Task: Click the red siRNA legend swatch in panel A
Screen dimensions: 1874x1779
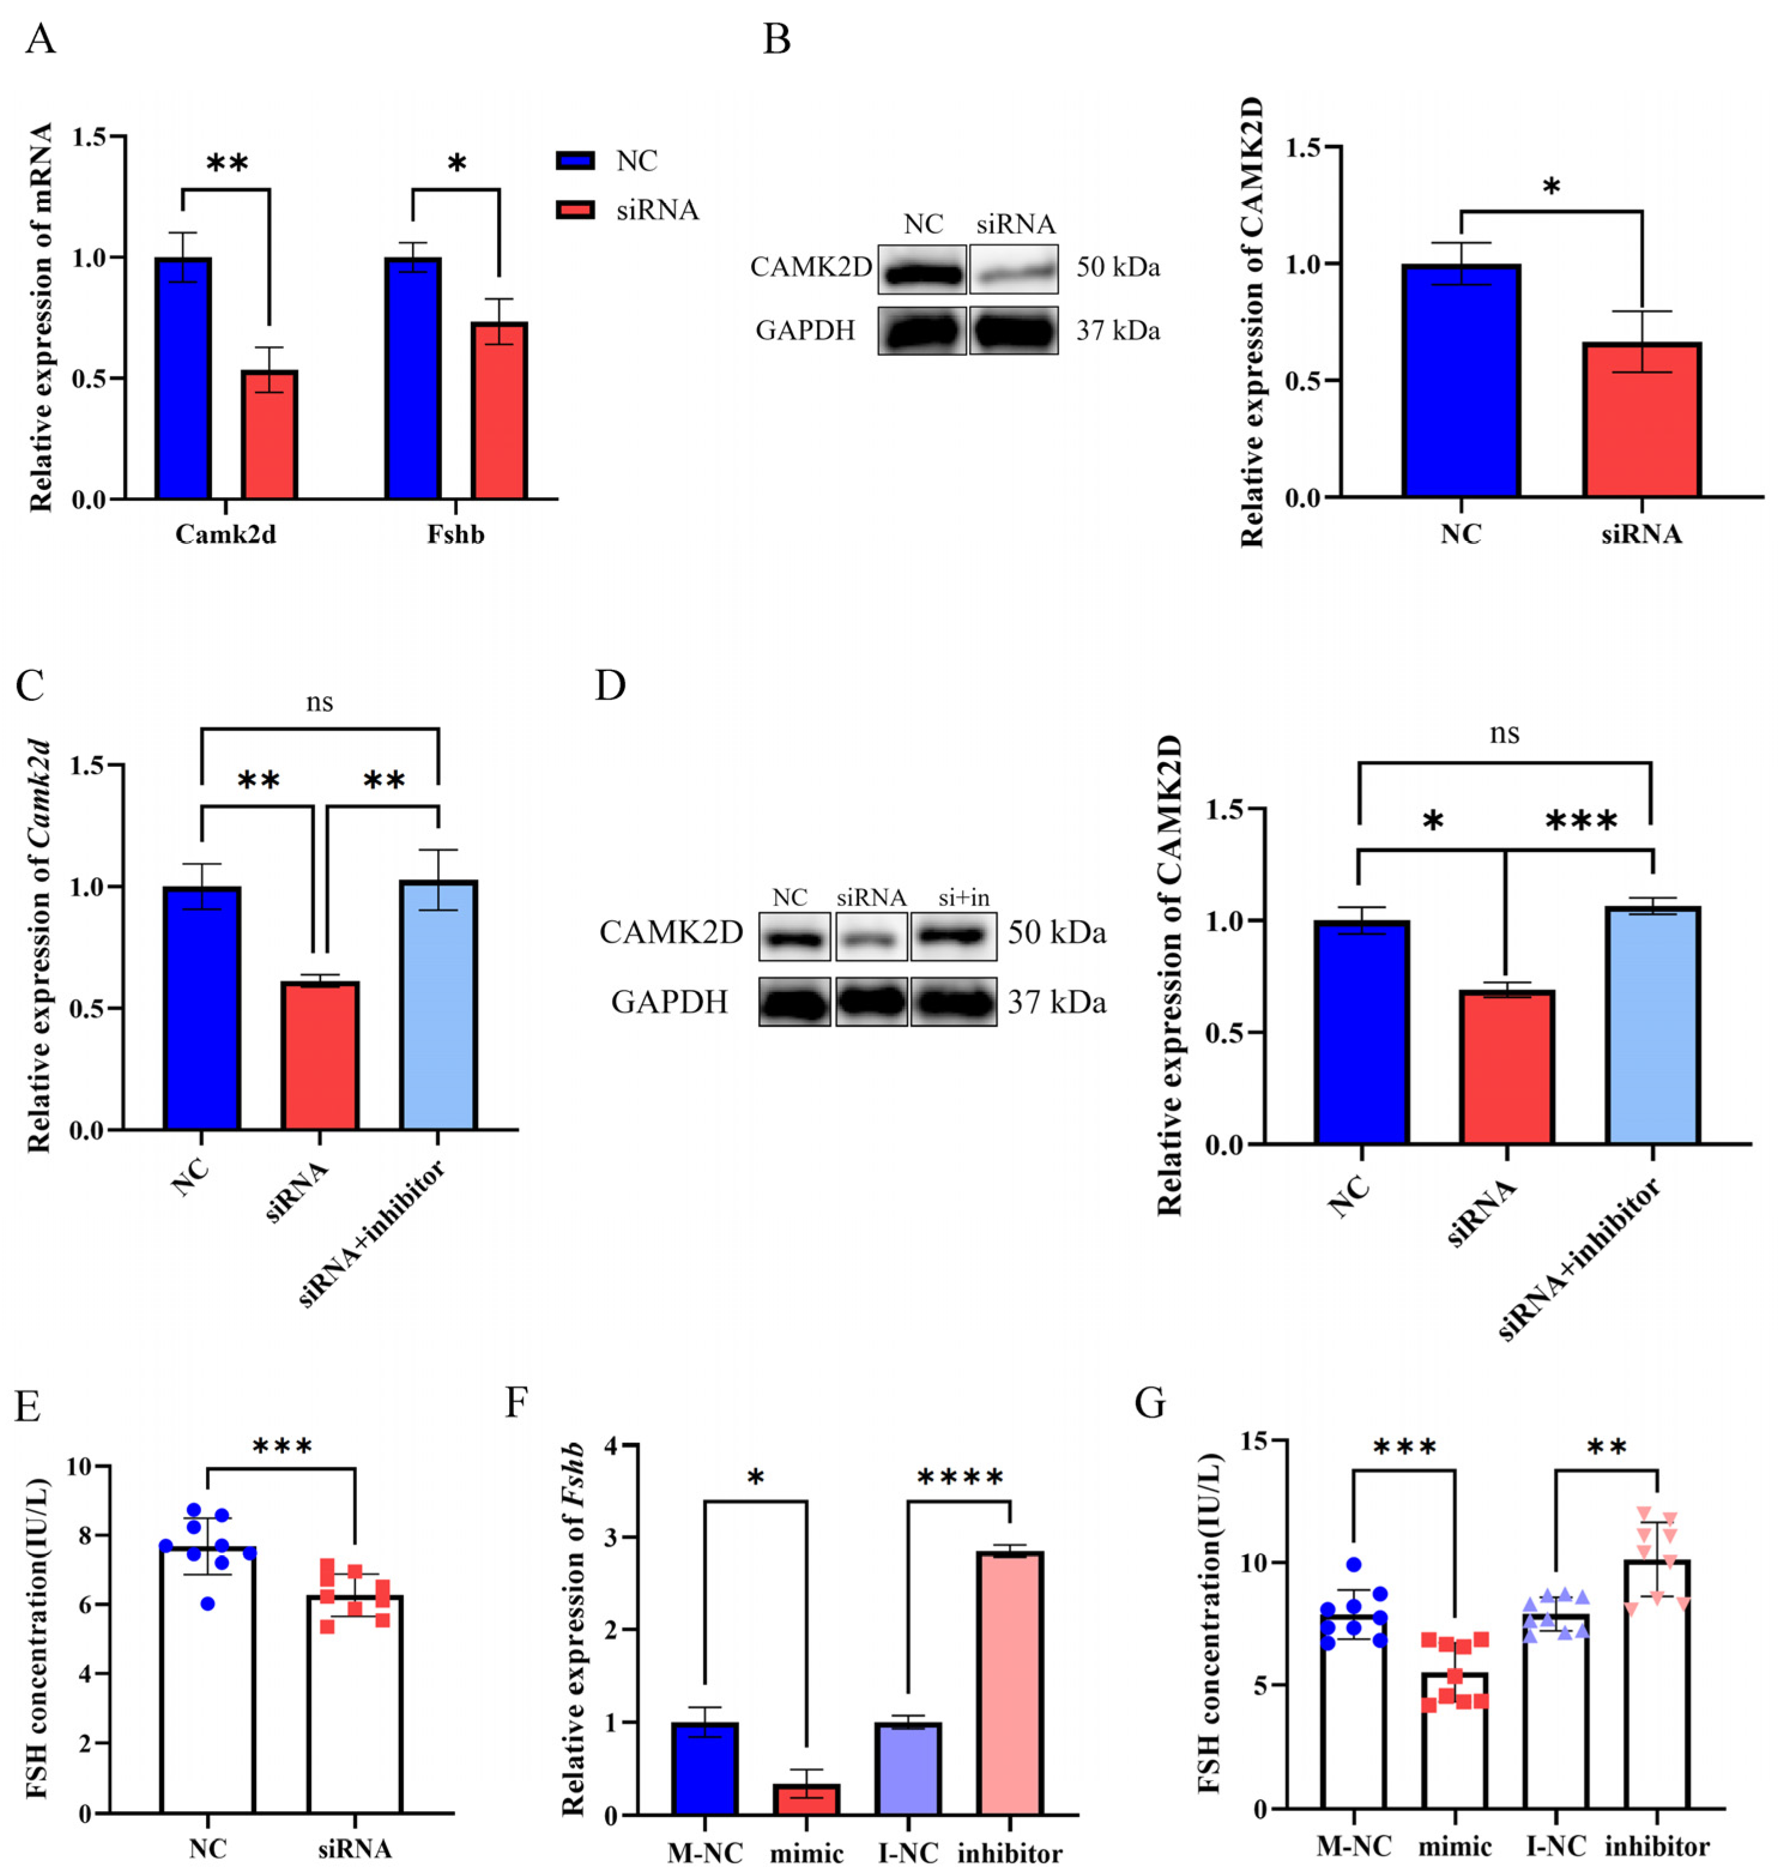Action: (x=574, y=210)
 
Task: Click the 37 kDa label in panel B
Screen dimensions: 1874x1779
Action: (x=1117, y=331)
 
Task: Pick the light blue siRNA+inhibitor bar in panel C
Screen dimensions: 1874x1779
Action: (x=438, y=1005)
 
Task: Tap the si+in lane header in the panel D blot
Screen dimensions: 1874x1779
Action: (x=963, y=898)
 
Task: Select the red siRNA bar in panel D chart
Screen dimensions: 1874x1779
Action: (x=1506, y=1067)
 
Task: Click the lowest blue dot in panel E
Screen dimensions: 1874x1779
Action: (x=208, y=1604)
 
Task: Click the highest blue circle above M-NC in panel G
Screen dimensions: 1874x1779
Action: (x=1353, y=1564)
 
